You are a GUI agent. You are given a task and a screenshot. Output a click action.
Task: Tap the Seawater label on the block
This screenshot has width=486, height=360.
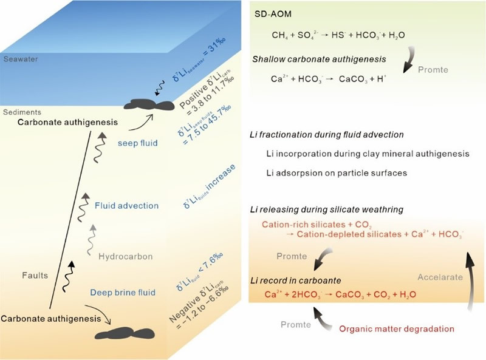(19, 59)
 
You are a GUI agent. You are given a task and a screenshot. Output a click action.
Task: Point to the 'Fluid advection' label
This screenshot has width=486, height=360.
(126, 206)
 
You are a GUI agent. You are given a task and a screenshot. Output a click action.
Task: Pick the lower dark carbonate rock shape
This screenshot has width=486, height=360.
(125, 333)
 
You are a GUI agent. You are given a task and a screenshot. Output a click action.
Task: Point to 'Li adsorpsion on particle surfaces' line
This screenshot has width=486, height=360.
(336, 173)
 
